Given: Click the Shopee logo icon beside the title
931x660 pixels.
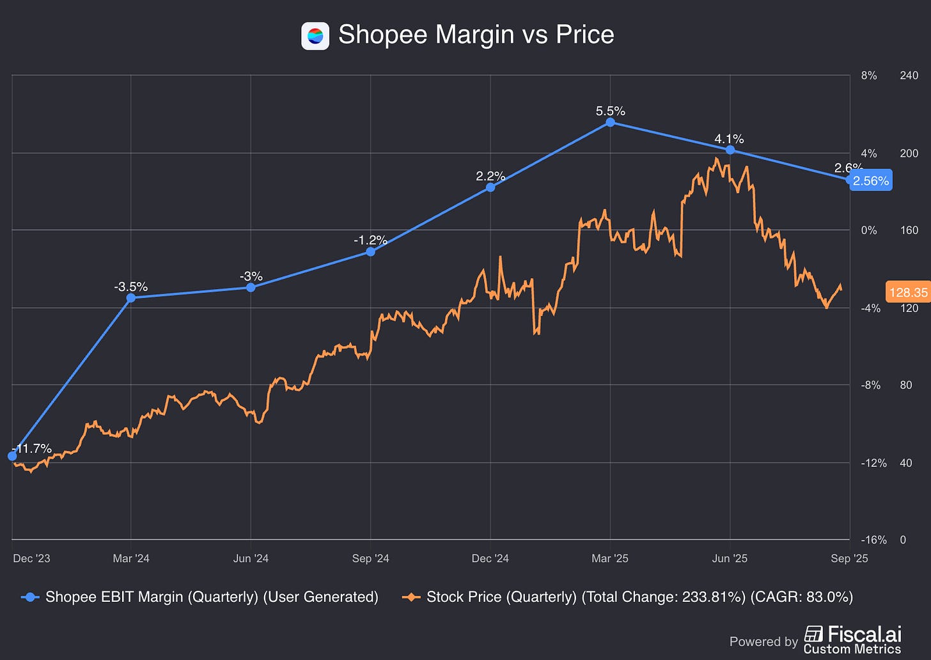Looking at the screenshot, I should (315, 36).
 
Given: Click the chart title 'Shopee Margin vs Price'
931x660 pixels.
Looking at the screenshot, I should (476, 35).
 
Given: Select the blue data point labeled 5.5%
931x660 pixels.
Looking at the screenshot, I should (610, 122).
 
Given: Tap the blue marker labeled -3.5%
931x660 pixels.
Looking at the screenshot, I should (131, 297).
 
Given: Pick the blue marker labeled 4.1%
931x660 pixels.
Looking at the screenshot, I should (730, 150).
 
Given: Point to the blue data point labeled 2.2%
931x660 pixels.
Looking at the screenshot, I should (490, 187).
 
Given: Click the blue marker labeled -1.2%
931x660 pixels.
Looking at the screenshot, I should (371, 252).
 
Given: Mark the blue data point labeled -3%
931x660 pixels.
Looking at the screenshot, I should (251, 288).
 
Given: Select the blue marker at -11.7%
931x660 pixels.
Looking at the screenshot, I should (12, 456).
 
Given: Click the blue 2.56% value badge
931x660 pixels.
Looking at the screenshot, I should (870, 181).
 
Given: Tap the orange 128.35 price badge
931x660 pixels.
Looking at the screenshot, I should (908, 292).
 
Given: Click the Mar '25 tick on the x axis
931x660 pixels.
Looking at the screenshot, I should (610, 558).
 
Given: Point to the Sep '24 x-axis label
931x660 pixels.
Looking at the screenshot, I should (370, 558).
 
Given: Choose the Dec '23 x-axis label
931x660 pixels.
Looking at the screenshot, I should (31, 558).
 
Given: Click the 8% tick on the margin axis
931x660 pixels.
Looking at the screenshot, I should (869, 75).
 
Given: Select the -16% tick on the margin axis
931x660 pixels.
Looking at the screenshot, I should (873, 540).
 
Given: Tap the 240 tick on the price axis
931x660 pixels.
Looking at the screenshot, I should (909, 75).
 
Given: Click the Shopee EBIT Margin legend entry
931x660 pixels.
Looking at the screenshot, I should (200, 597).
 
